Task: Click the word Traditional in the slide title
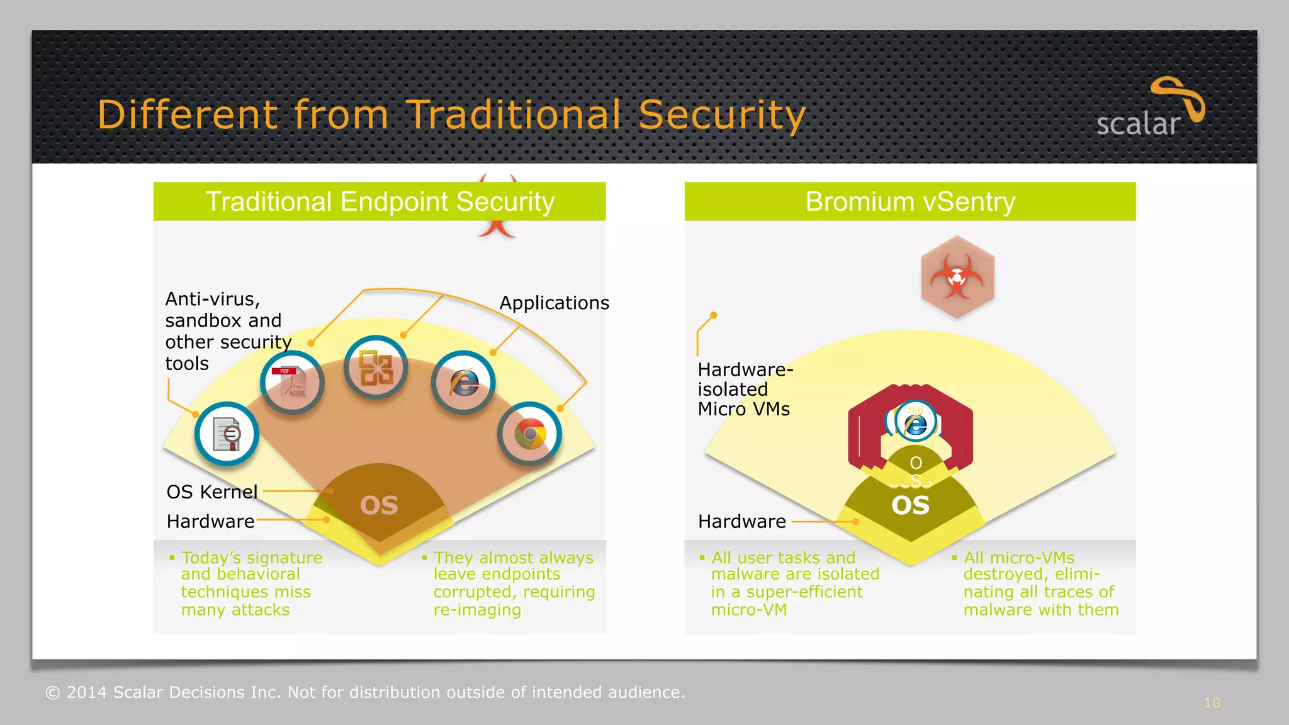[514, 115]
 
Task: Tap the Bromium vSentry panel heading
[910, 202]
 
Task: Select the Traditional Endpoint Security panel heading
[380, 202]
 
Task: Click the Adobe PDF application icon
[292, 382]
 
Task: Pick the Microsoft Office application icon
[376, 368]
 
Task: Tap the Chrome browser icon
[529, 434]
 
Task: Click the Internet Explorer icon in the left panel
[463, 382]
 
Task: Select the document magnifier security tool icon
[227, 434]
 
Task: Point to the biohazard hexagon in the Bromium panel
[957, 277]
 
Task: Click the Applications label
[554, 303]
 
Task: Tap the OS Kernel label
[212, 492]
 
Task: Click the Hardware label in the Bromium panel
[742, 522]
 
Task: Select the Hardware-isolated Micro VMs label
[745, 389]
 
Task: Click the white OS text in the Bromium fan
[910, 505]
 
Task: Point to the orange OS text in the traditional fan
[379, 505]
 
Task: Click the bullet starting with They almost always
[513, 583]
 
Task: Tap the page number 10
[1212, 703]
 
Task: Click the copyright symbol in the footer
[53, 693]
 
